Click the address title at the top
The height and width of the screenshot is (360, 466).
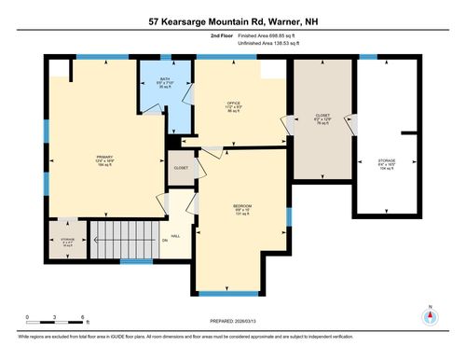coord(233,20)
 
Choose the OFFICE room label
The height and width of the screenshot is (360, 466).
coord(235,108)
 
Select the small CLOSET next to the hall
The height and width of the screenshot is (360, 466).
coord(181,168)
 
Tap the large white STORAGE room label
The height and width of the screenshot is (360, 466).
coord(386,164)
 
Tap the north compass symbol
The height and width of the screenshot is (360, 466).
coord(430,315)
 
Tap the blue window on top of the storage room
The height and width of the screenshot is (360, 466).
coord(369,58)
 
